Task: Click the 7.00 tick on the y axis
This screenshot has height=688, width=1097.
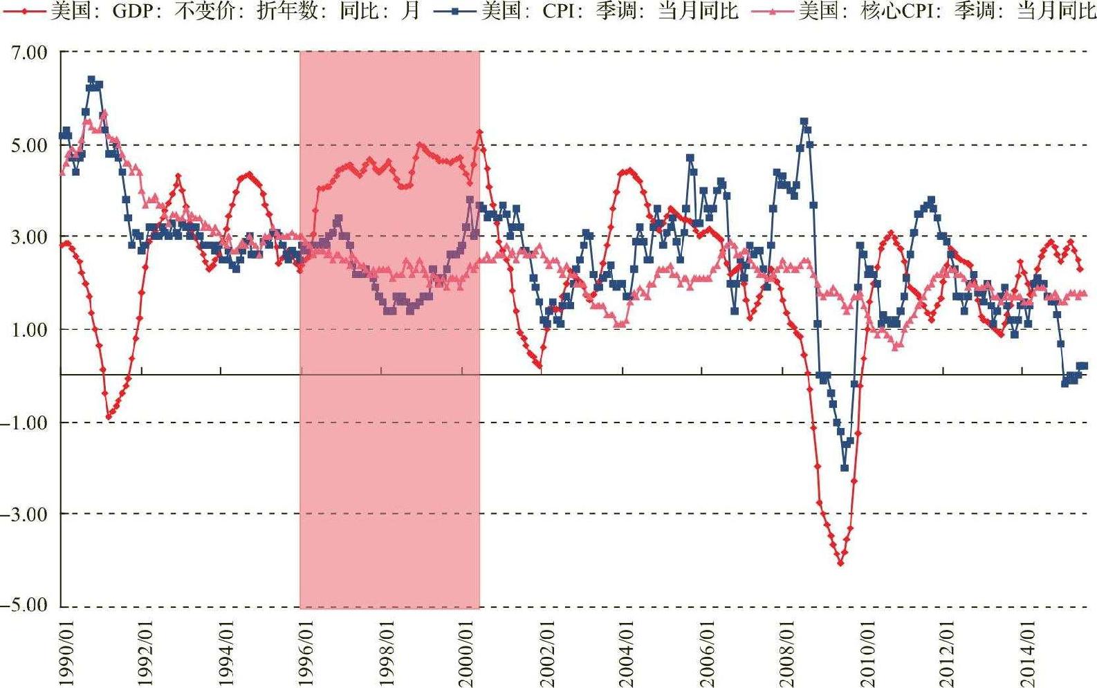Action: point(29,53)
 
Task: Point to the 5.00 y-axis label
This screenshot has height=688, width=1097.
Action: point(29,145)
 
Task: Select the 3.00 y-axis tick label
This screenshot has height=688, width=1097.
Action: point(29,237)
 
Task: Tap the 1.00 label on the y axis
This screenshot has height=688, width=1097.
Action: point(29,330)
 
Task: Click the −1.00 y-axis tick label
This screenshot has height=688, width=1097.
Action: point(24,422)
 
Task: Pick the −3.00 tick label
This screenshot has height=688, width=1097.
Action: point(24,514)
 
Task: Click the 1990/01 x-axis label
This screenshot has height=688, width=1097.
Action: point(66,653)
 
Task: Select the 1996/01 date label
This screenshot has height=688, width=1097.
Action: point(306,653)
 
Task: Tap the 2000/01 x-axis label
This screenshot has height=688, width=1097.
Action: point(466,653)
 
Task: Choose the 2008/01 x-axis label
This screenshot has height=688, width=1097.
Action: point(786,653)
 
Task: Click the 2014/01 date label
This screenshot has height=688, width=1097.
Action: point(1027,653)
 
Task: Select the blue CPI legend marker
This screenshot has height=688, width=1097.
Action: point(455,10)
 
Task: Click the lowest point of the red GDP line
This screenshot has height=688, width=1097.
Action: point(841,563)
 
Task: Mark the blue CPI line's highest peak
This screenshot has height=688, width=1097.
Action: point(91,80)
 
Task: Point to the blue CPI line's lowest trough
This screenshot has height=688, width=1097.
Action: point(845,467)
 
